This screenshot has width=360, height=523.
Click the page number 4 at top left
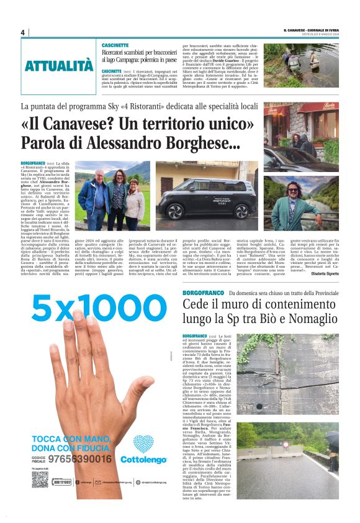22,33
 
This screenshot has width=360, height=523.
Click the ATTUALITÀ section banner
59,65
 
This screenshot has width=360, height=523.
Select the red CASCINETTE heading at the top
116,45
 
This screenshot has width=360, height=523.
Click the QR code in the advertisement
40,479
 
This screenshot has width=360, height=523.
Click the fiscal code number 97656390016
83,459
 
